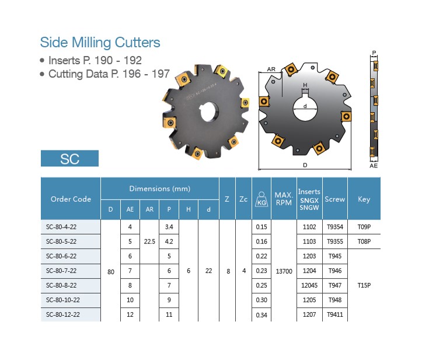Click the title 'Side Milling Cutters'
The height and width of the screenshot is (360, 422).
(100, 43)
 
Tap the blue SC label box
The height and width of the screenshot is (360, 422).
(69, 159)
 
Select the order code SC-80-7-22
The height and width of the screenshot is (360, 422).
(61, 271)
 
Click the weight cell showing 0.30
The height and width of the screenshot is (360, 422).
(261, 300)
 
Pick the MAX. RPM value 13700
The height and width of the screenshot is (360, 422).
(284, 271)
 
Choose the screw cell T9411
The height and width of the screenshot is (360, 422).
(335, 314)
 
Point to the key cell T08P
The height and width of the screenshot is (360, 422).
(364, 242)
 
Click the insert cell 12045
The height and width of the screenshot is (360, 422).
(309, 285)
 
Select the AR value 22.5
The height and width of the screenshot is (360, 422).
(149, 242)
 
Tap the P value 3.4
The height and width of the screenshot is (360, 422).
(169, 227)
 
